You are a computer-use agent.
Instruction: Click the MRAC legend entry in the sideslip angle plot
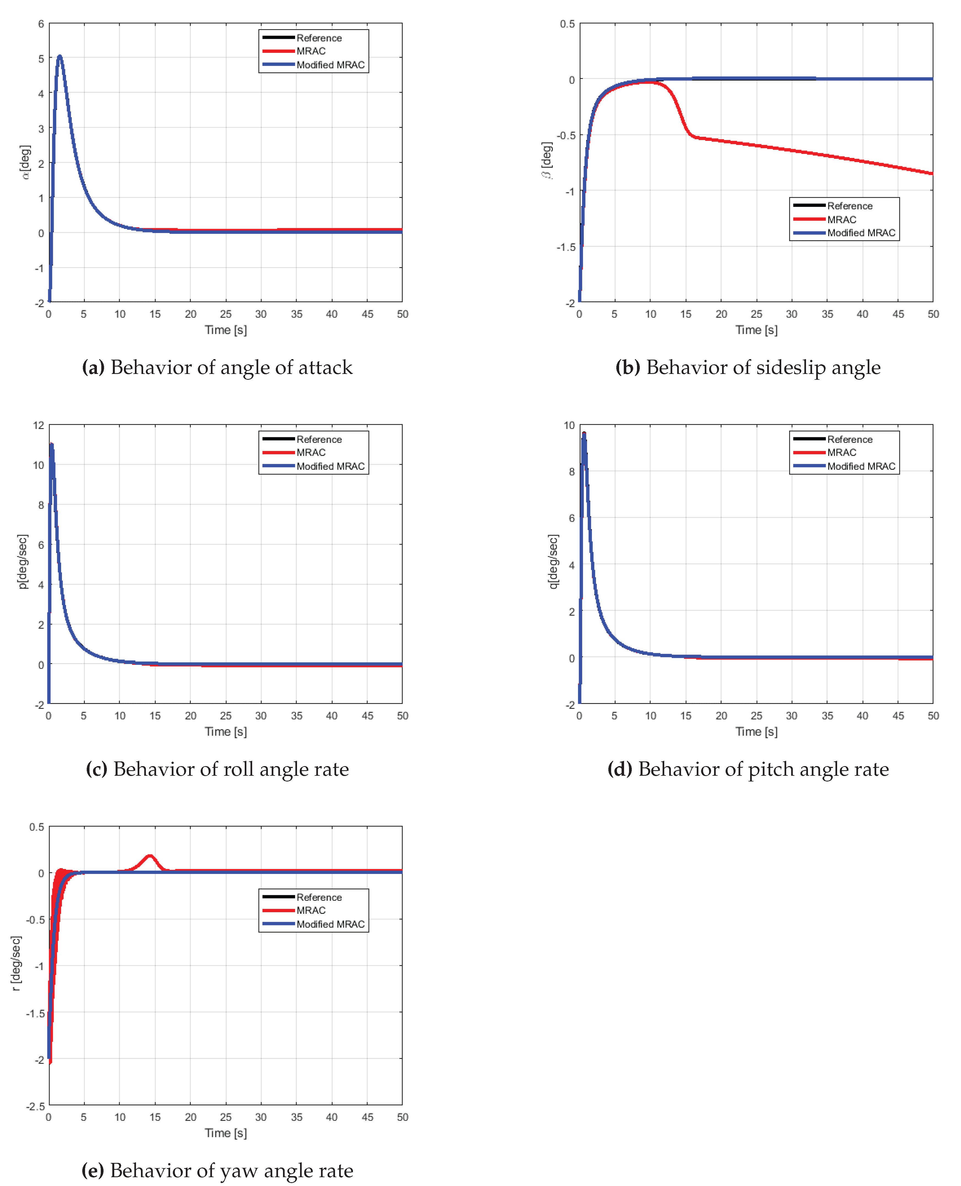tap(842, 220)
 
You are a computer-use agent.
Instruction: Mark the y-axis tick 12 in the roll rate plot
tap(38, 425)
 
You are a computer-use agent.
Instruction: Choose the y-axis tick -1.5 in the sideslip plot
tap(566, 247)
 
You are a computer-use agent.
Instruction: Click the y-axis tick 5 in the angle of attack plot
tap(41, 59)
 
